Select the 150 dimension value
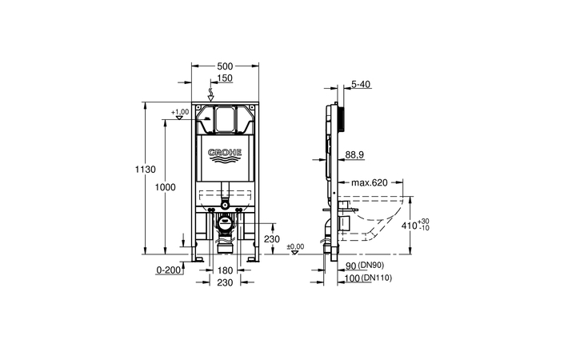coord(225,78)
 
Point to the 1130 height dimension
coord(144,170)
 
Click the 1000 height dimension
coord(165,186)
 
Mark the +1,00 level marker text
coord(180,112)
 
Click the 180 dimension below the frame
coord(225,270)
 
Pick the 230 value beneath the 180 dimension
coord(225,282)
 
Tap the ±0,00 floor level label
coord(295,246)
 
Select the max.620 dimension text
coord(370,183)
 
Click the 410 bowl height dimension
coord(407,226)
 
